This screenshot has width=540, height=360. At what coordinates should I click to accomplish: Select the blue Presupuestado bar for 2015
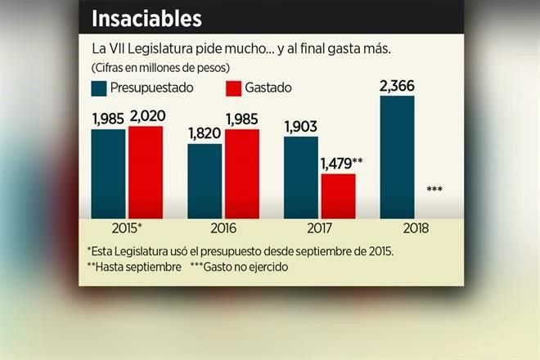pos(108,173)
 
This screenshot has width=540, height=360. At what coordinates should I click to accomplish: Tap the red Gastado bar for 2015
pos(146,172)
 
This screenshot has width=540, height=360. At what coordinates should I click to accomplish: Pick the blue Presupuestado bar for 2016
pos(205,181)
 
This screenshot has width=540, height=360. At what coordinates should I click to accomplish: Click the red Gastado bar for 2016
pos(242,173)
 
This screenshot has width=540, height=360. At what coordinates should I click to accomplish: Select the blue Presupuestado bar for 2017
pos(301,178)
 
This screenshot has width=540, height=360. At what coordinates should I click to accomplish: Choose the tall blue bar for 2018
pos(398,156)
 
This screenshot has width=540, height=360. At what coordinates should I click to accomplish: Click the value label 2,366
pos(398,84)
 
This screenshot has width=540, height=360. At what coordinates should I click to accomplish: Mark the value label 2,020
pos(146,117)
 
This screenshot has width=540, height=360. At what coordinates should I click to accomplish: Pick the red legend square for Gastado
pos(230,88)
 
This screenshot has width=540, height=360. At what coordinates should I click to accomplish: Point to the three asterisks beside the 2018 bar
pos(435,190)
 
